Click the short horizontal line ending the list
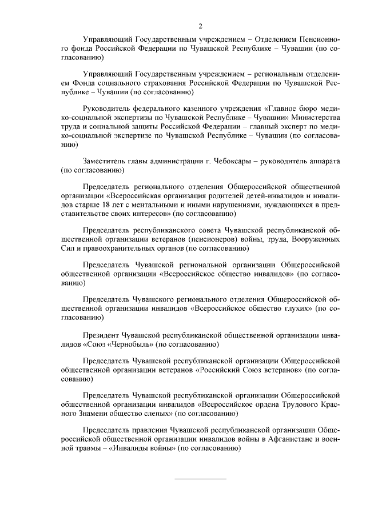coord(200,478)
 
